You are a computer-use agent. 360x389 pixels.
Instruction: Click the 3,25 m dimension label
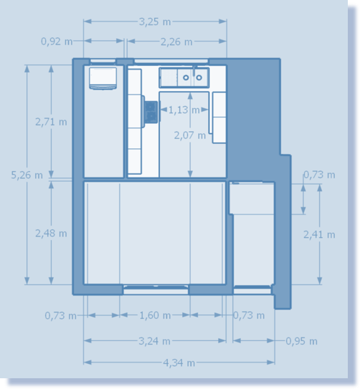pyautogui.click(x=155, y=21)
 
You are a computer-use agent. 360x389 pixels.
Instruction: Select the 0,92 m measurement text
pyautogui.click(x=57, y=42)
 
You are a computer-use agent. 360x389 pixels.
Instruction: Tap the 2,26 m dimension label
pyautogui.click(x=176, y=42)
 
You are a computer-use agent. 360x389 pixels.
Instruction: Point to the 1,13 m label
pyautogui.click(x=184, y=110)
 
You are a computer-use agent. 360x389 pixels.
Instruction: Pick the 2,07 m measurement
pyautogui.click(x=190, y=135)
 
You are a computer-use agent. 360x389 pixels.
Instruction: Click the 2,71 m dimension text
pyautogui.click(x=51, y=122)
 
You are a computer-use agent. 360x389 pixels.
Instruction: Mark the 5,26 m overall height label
pyautogui.click(x=27, y=175)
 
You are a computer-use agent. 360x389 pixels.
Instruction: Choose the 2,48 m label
pyautogui.click(x=51, y=234)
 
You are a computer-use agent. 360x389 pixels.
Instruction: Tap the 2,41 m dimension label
pyautogui.click(x=319, y=234)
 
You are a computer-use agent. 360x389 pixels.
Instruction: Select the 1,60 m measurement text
pyautogui.click(x=155, y=315)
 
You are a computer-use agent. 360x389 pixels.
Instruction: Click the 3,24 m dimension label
pyautogui.click(x=154, y=341)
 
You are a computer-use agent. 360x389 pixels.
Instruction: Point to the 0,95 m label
pyautogui.click(x=301, y=341)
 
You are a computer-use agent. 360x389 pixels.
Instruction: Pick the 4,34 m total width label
pyautogui.click(x=179, y=362)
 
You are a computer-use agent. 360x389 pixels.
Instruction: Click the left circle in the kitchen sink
pyautogui.click(x=186, y=77)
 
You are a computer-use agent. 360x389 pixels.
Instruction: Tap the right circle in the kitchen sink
pyautogui.click(x=199, y=77)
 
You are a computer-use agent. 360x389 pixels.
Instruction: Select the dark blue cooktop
pyautogui.click(x=151, y=112)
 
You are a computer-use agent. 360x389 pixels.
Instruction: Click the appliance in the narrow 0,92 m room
pyautogui.click(x=103, y=78)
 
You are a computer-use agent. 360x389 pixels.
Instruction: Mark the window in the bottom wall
pyautogui.click(x=156, y=289)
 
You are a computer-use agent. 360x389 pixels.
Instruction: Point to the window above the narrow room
pyautogui.click(x=103, y=61)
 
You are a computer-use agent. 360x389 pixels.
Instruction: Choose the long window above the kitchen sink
pyautogui.click(x=171, y=61)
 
